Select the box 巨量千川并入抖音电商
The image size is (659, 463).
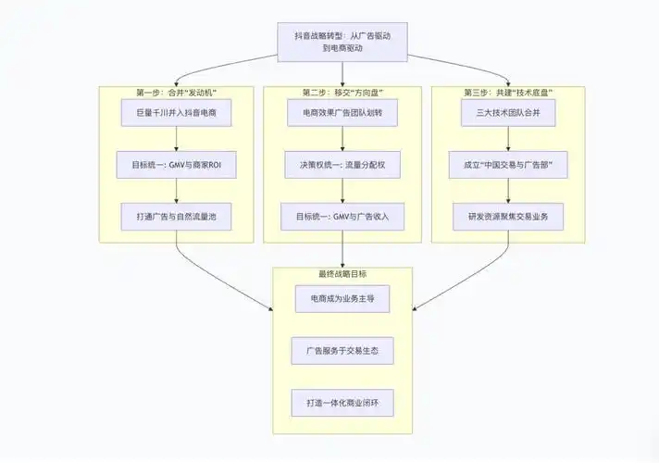[x=176, y=114]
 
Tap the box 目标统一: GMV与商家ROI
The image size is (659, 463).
[x=176, y=166]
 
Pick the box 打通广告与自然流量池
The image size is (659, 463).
[x=176, y=218]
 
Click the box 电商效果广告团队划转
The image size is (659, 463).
[x=342, y=114]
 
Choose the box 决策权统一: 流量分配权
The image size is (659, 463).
[x=342, y=166]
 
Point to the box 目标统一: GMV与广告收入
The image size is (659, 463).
[x=342, y=218]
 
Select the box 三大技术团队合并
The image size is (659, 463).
[x=507, y=114]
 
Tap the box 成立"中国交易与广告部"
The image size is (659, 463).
[x=507, y=166]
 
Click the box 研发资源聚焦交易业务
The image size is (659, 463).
[x=507, y=218]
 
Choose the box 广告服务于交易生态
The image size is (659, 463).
[x=342, y=353]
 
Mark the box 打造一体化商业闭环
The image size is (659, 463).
[x=342, y=405]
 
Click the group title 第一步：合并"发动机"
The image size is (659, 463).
[x=176, y=93]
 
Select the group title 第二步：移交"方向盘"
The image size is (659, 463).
[x=342, y=93]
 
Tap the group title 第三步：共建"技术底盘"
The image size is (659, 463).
[x=507, y=93]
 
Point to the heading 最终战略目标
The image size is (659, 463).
[x=342, y=274]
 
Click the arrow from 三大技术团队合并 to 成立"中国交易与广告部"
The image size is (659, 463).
[x=507, y=140]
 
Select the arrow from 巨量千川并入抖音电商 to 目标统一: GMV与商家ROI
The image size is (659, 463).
[x=176, y=140]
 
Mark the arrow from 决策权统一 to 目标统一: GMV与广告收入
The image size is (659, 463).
[x=342, y=192]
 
